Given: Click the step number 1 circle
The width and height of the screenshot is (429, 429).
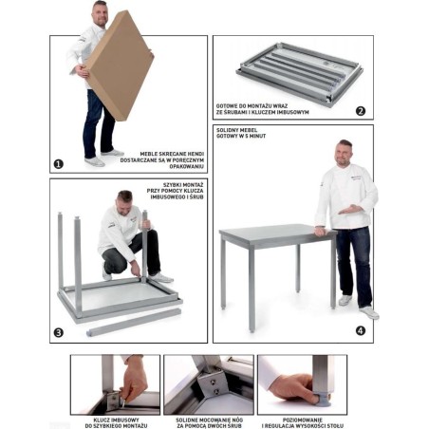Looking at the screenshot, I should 59,164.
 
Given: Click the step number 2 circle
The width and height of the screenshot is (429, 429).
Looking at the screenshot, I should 361,110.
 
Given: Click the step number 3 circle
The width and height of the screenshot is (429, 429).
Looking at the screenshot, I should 59,333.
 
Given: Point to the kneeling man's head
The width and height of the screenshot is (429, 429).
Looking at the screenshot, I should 124,199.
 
